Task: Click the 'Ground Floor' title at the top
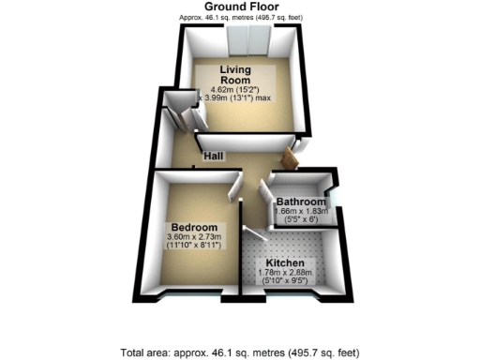pyautogui.click(x=240, y=7)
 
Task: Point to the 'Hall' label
pyautogui.click(x=214, y=156)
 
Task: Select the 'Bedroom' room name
pyautogui.click(x=194, y=228)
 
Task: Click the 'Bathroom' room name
pyautogui.click(x=300, y=202)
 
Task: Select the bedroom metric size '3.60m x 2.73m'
pyautogui.click(x=194, y=238)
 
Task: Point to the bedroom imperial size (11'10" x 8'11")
pyautogui.click(x=194, y=247)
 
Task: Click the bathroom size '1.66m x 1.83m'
pyautogui.click(x=299, y=213)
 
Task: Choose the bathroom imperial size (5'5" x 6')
pyautogui.click(x=299, y=221)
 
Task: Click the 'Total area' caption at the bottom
pyautogui.click(x=240, y=352)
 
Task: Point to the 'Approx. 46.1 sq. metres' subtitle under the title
pyautogui.click(x=240, y=18)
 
